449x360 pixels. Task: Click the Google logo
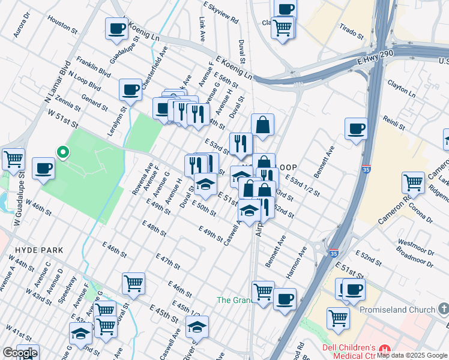pos(20,353)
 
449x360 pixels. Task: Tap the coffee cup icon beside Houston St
pos(116,28)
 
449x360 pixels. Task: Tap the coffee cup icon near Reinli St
pos(356,128)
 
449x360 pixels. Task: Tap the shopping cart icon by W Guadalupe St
pos(13,159)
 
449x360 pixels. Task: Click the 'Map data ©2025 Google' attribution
pos(412,355)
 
